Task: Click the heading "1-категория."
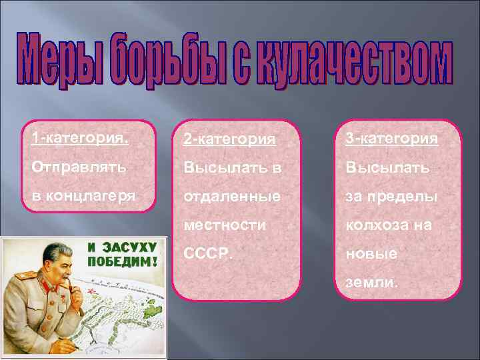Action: (x=81, y=138)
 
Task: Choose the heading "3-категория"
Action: (x=391, y=139)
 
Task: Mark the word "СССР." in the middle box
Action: (x=206, y=254)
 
